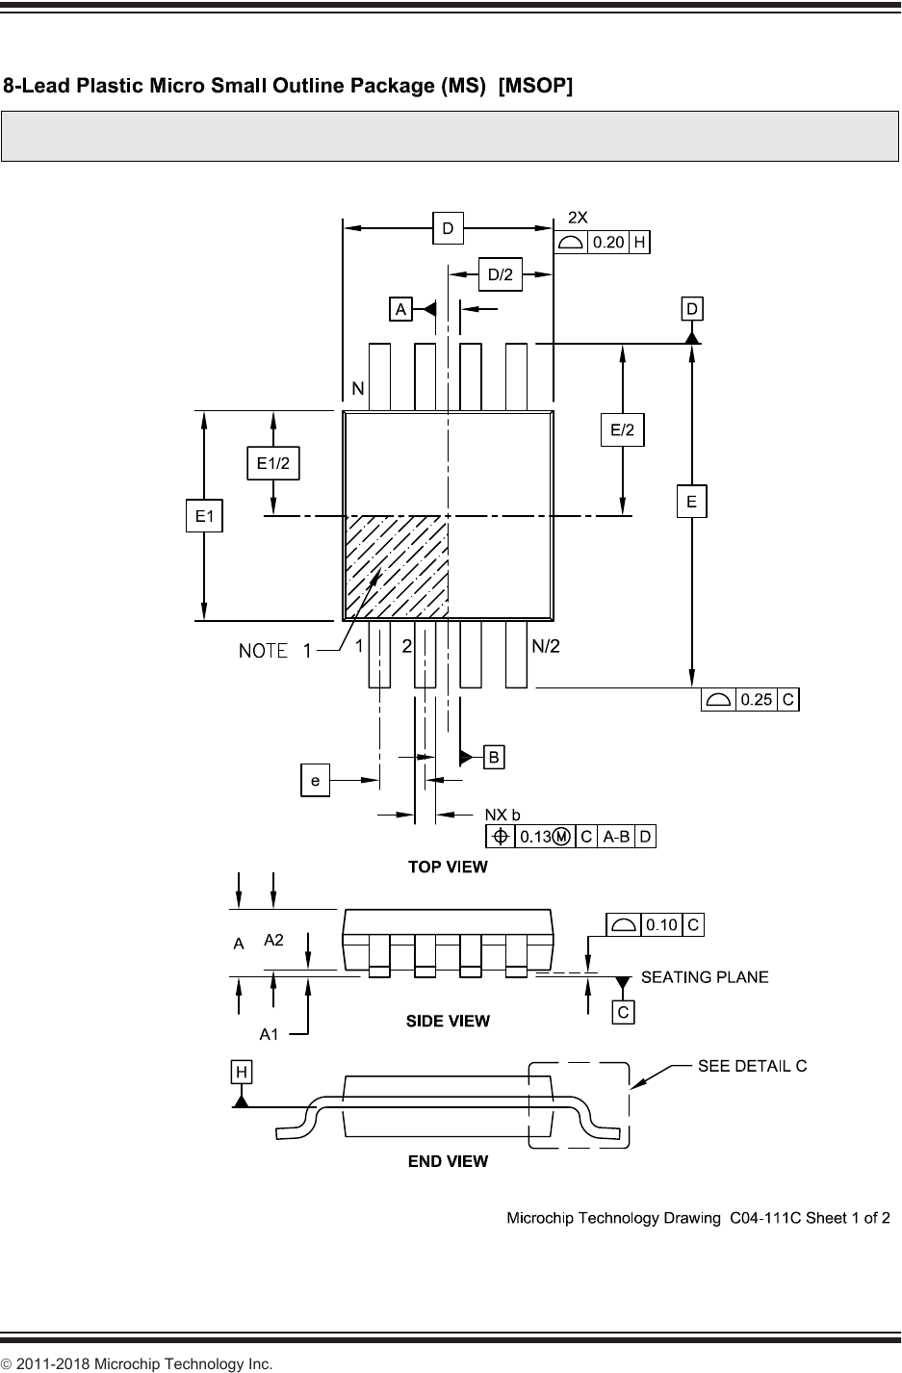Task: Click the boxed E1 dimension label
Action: [x=203, y=517]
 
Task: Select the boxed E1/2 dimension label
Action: [x=274, y=463]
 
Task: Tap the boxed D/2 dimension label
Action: [x=500, y=275]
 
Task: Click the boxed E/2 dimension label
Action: [x=623, y=430]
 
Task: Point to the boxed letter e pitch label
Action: [x=315, y=780]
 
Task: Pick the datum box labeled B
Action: [x=493, y=757]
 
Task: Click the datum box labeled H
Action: [x=241, y=1071]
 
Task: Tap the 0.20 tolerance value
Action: [x=607, y=242]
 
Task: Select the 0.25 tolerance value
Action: [x=756, y=700]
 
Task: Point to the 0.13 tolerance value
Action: [x=535, y=837]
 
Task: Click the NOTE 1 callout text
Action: [x=275, y=652]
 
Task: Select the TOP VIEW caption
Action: [x=448, y=867]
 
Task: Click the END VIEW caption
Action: [x=448, y=1161]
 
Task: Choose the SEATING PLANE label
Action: [x=705, y=977]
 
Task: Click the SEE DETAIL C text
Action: [x=752, y=1066]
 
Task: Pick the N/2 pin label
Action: [x=546, y=647]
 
